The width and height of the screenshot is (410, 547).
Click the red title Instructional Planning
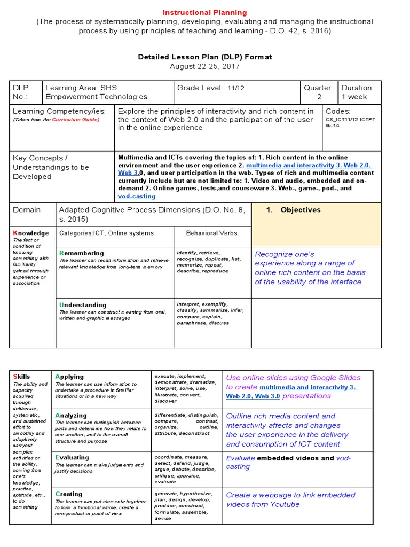(x=204, y=12)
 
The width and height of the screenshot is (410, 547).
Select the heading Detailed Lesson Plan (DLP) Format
(x=204, y=57)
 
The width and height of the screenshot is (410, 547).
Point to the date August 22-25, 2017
(x=204, y=66)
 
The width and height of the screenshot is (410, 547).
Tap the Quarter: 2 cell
(x=318, y=92)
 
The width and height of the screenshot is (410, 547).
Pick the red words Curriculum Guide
(x=75, y=120)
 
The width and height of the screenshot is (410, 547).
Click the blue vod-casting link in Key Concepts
(x=137, y=196)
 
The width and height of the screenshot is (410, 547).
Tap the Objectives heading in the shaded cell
(x=301, y=210)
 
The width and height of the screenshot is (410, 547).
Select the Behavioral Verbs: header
(x=212, y=233)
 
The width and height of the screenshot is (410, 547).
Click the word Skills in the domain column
(x=22, y=377)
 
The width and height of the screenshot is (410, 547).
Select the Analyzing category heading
(x=71, y=415)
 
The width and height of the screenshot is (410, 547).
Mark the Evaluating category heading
(x=72, y=457)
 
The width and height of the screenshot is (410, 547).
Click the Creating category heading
(x=69, y=494)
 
